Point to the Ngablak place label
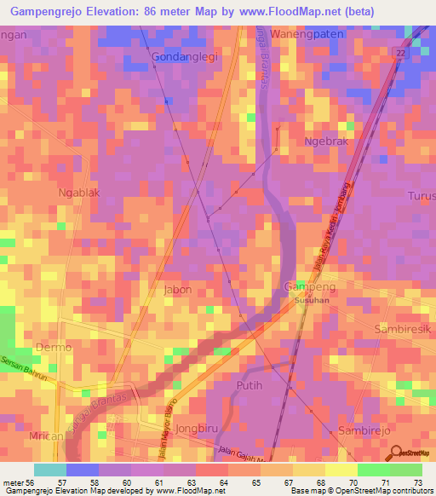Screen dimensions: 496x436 [79, 193]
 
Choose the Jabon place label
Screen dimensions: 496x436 [177, 290]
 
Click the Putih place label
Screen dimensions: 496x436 [269, 385]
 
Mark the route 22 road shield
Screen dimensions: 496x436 [399, 53]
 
